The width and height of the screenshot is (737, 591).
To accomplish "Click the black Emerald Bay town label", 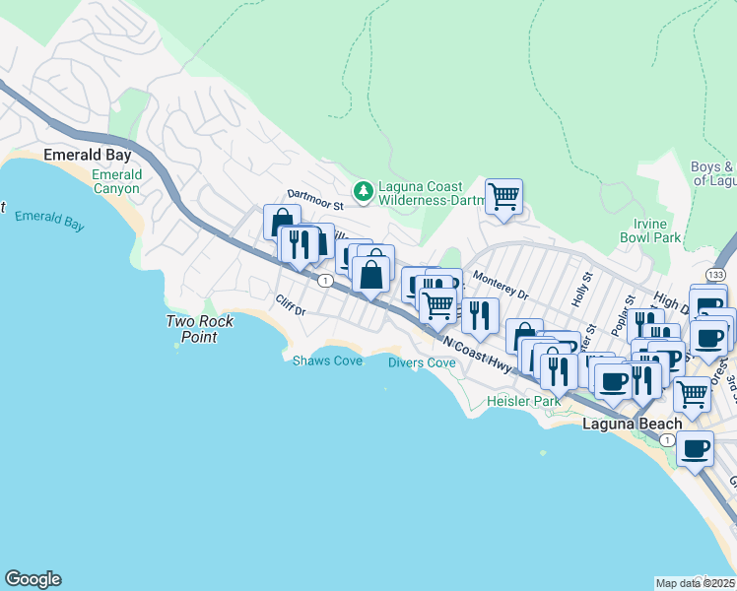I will click(88, 156).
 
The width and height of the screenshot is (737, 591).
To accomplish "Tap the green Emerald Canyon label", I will click(117, 181).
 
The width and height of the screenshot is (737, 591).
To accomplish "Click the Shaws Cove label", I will click(327, 361).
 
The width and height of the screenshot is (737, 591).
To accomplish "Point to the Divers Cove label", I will click(422, 362).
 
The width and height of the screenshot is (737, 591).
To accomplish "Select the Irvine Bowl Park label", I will click(650, 230).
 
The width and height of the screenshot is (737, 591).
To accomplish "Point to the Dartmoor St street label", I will click(313, 200).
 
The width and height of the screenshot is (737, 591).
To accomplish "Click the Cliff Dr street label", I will click(291, 306).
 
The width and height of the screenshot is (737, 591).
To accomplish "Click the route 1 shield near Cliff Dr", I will click(323, 282).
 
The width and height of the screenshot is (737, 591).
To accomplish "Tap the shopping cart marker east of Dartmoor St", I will click(503, 196).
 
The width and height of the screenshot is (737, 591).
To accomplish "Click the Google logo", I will click(33, 579).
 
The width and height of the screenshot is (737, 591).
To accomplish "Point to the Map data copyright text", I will click(695, 582).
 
